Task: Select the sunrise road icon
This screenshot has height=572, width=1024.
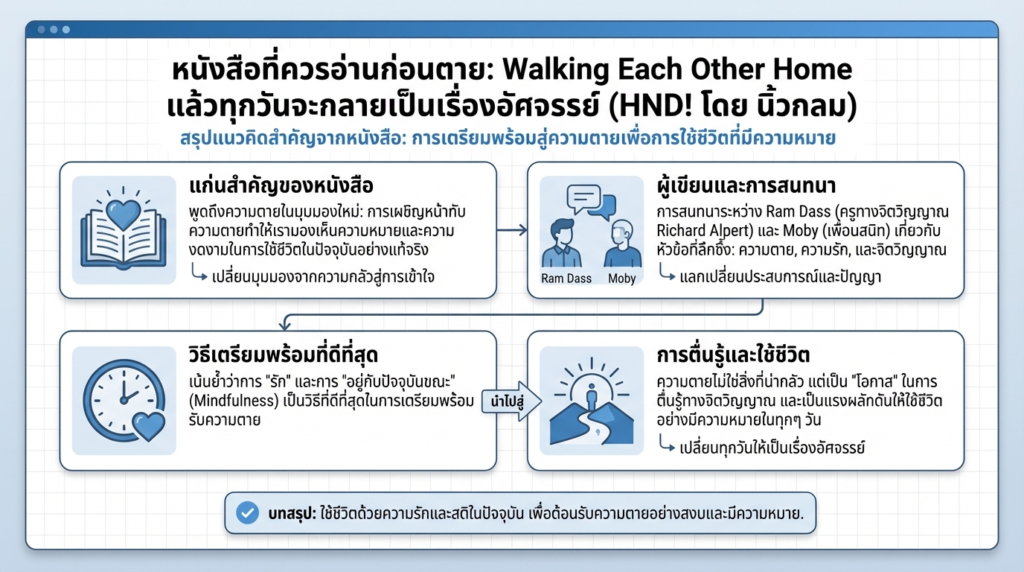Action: click(592, 401)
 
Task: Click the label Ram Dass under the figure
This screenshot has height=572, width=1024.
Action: click(566, 279)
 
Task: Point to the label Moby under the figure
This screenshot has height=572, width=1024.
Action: click(621, 279)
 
